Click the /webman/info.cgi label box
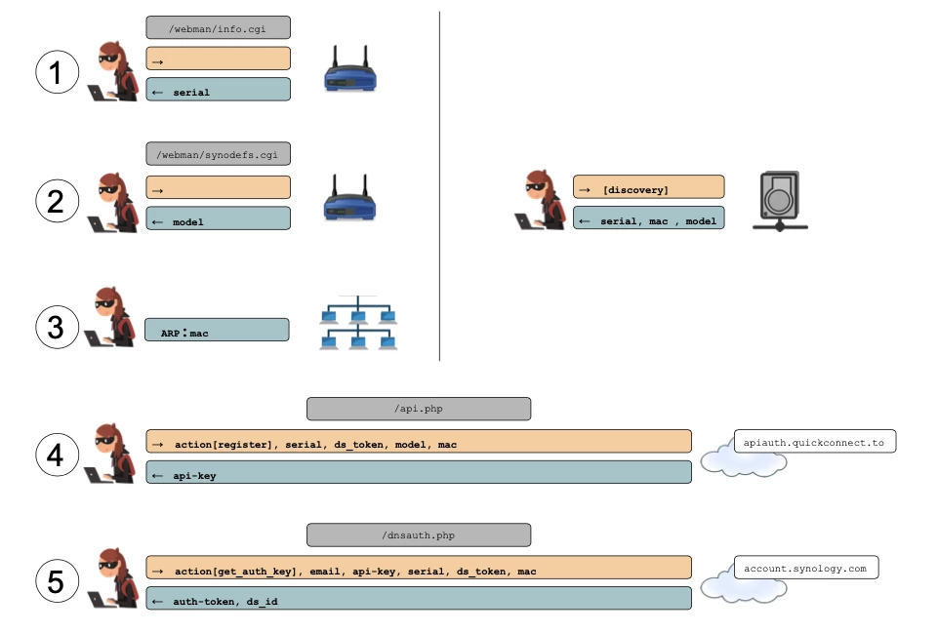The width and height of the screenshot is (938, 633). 219,27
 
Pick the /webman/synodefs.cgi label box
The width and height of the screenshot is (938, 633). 219,155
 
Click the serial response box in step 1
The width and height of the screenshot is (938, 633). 219,90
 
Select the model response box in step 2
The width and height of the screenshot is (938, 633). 219,218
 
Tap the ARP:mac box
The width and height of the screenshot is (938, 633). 218,330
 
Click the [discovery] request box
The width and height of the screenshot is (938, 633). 649,187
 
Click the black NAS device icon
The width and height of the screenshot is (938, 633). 779,201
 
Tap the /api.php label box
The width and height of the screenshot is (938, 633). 419,409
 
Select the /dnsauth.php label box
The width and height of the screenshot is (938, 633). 419,534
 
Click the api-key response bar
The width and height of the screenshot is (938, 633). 419,472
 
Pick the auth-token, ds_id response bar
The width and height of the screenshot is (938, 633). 419,598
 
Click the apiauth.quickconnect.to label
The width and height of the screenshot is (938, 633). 814,442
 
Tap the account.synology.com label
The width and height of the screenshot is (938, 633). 805,567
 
